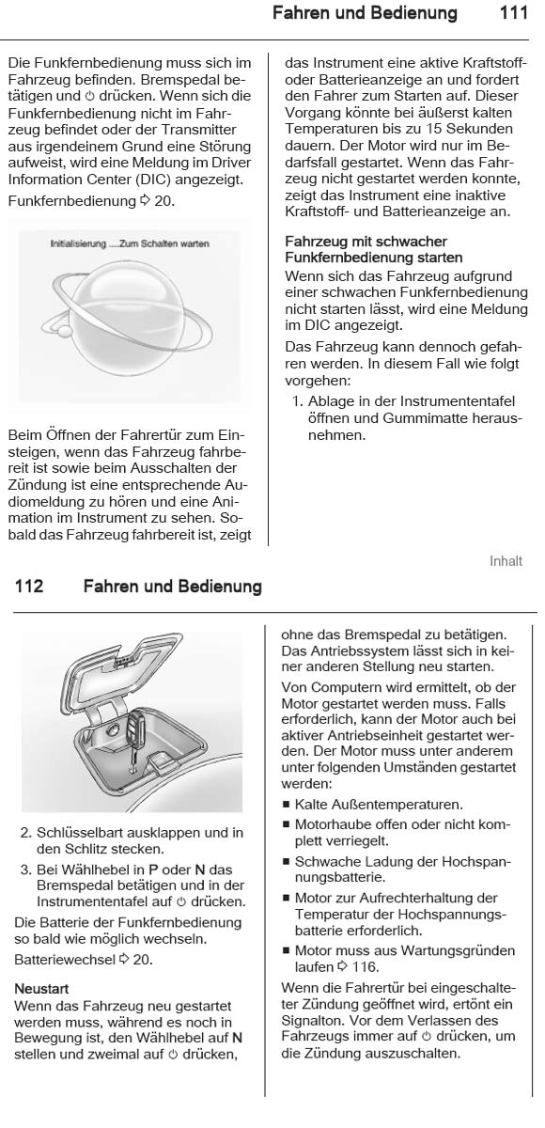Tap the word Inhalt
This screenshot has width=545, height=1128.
(x=506, y=561)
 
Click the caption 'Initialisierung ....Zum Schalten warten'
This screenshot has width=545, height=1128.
(x=130, y=243)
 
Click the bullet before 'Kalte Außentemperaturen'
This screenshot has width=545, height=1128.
(x=286, y=805)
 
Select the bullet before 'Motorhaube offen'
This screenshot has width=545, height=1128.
(x=286, y=824)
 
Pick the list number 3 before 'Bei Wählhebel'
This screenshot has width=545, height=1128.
(x=25, y=868)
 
